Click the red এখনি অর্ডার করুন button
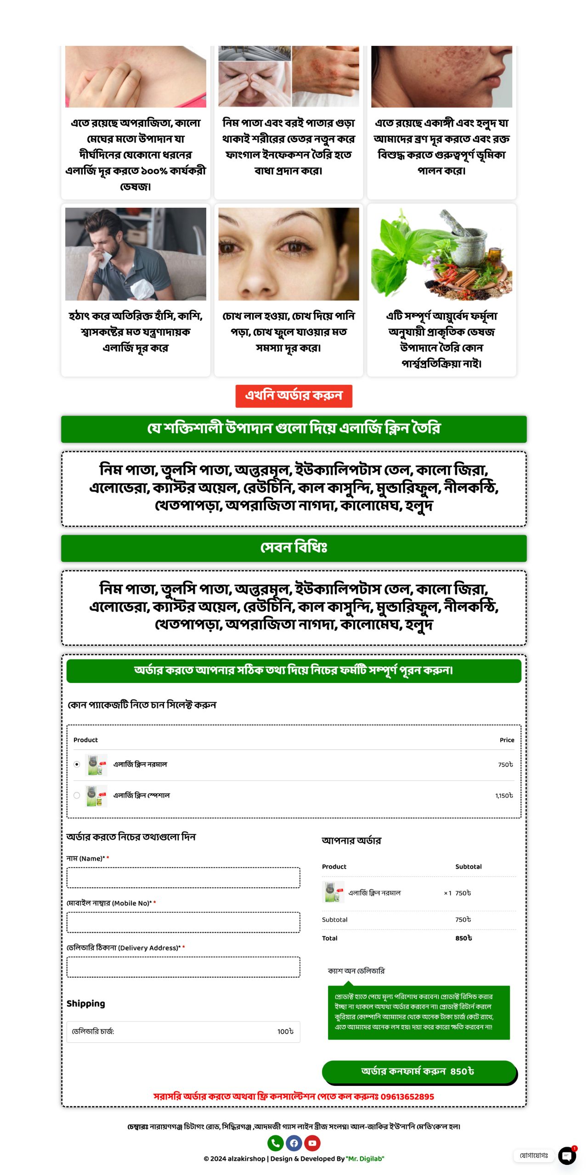294,396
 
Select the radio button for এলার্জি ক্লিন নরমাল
77,764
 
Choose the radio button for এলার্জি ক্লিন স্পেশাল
77,795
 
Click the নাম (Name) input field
183,878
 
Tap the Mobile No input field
183,922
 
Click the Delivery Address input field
183,967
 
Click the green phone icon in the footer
275,1143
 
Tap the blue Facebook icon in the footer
294,1143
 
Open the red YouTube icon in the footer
312,1143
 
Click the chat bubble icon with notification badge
567,1156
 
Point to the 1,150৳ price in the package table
504,795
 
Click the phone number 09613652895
407,1097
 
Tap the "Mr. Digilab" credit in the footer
365,1158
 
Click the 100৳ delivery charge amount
285,1031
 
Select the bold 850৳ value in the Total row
464,938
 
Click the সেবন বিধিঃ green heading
294,548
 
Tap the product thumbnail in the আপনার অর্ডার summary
334,893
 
